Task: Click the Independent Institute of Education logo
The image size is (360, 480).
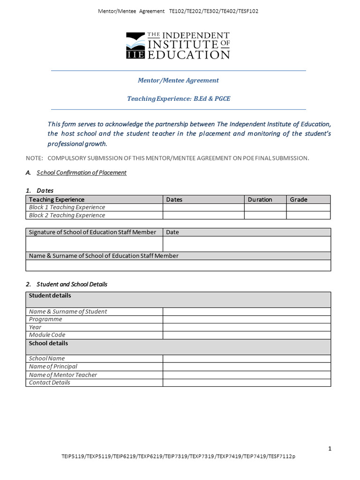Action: pos(178,45)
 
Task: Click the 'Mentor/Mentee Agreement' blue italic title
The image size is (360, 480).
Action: pos(178,80)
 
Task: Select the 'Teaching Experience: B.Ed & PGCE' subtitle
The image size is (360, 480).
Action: pos(179,99)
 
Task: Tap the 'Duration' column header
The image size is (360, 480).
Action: pos(260,200)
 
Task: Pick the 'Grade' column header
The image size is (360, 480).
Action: pos(299,200)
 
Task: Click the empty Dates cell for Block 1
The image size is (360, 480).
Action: pos(203,207)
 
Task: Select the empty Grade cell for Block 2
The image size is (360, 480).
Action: pos(308,215)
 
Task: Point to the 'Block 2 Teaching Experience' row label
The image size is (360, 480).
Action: pos(67,215)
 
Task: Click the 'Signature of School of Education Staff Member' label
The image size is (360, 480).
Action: pos(92,232)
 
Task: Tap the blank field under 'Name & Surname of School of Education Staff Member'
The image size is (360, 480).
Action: pos(178,265)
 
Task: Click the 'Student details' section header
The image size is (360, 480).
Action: pos(50,296)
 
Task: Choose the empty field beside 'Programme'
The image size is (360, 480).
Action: pos(247,319)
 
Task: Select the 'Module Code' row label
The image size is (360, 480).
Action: pos(47,335)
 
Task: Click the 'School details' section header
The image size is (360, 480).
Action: pos(48,343)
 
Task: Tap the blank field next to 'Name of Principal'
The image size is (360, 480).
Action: pos(247,367)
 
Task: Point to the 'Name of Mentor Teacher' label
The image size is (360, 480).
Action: pos(63,375)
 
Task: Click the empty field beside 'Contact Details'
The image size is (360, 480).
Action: pos(247,382)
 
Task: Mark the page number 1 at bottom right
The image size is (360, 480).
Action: pos(330,449)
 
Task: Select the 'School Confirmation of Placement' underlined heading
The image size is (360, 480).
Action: pos(82,172)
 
